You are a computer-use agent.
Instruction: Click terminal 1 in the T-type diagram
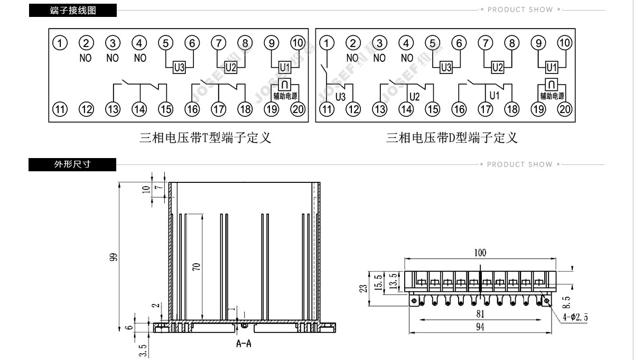60,43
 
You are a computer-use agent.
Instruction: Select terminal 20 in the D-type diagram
565,109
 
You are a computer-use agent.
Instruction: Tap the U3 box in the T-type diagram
179,68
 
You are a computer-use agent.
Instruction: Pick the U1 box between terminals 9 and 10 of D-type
552,68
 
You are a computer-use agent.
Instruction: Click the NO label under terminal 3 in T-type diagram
113,58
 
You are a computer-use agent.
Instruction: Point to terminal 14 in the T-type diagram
139,109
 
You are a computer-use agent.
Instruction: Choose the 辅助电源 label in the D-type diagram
552,96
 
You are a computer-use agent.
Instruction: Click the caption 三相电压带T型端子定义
205,138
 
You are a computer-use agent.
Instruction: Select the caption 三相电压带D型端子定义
452,138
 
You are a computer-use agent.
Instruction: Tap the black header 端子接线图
73,11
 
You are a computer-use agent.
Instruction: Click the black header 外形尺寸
72,164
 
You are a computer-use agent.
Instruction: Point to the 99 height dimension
113,257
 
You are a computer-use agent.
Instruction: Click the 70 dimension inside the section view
197,266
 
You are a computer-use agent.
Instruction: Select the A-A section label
244,344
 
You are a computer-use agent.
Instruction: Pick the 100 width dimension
480,253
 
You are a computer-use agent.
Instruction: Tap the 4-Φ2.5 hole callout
575,317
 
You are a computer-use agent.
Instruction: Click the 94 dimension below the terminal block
480,327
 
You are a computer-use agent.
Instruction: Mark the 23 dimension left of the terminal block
363,288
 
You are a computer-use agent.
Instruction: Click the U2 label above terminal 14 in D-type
414,97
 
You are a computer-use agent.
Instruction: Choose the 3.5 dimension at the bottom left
143,350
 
